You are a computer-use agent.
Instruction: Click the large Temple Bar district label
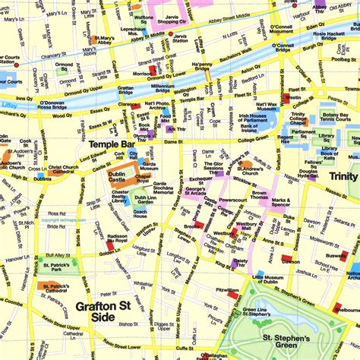coord(112,144)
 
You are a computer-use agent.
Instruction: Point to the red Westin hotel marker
coord(289,98)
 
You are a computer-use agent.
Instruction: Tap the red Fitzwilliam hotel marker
coord(233,294)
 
